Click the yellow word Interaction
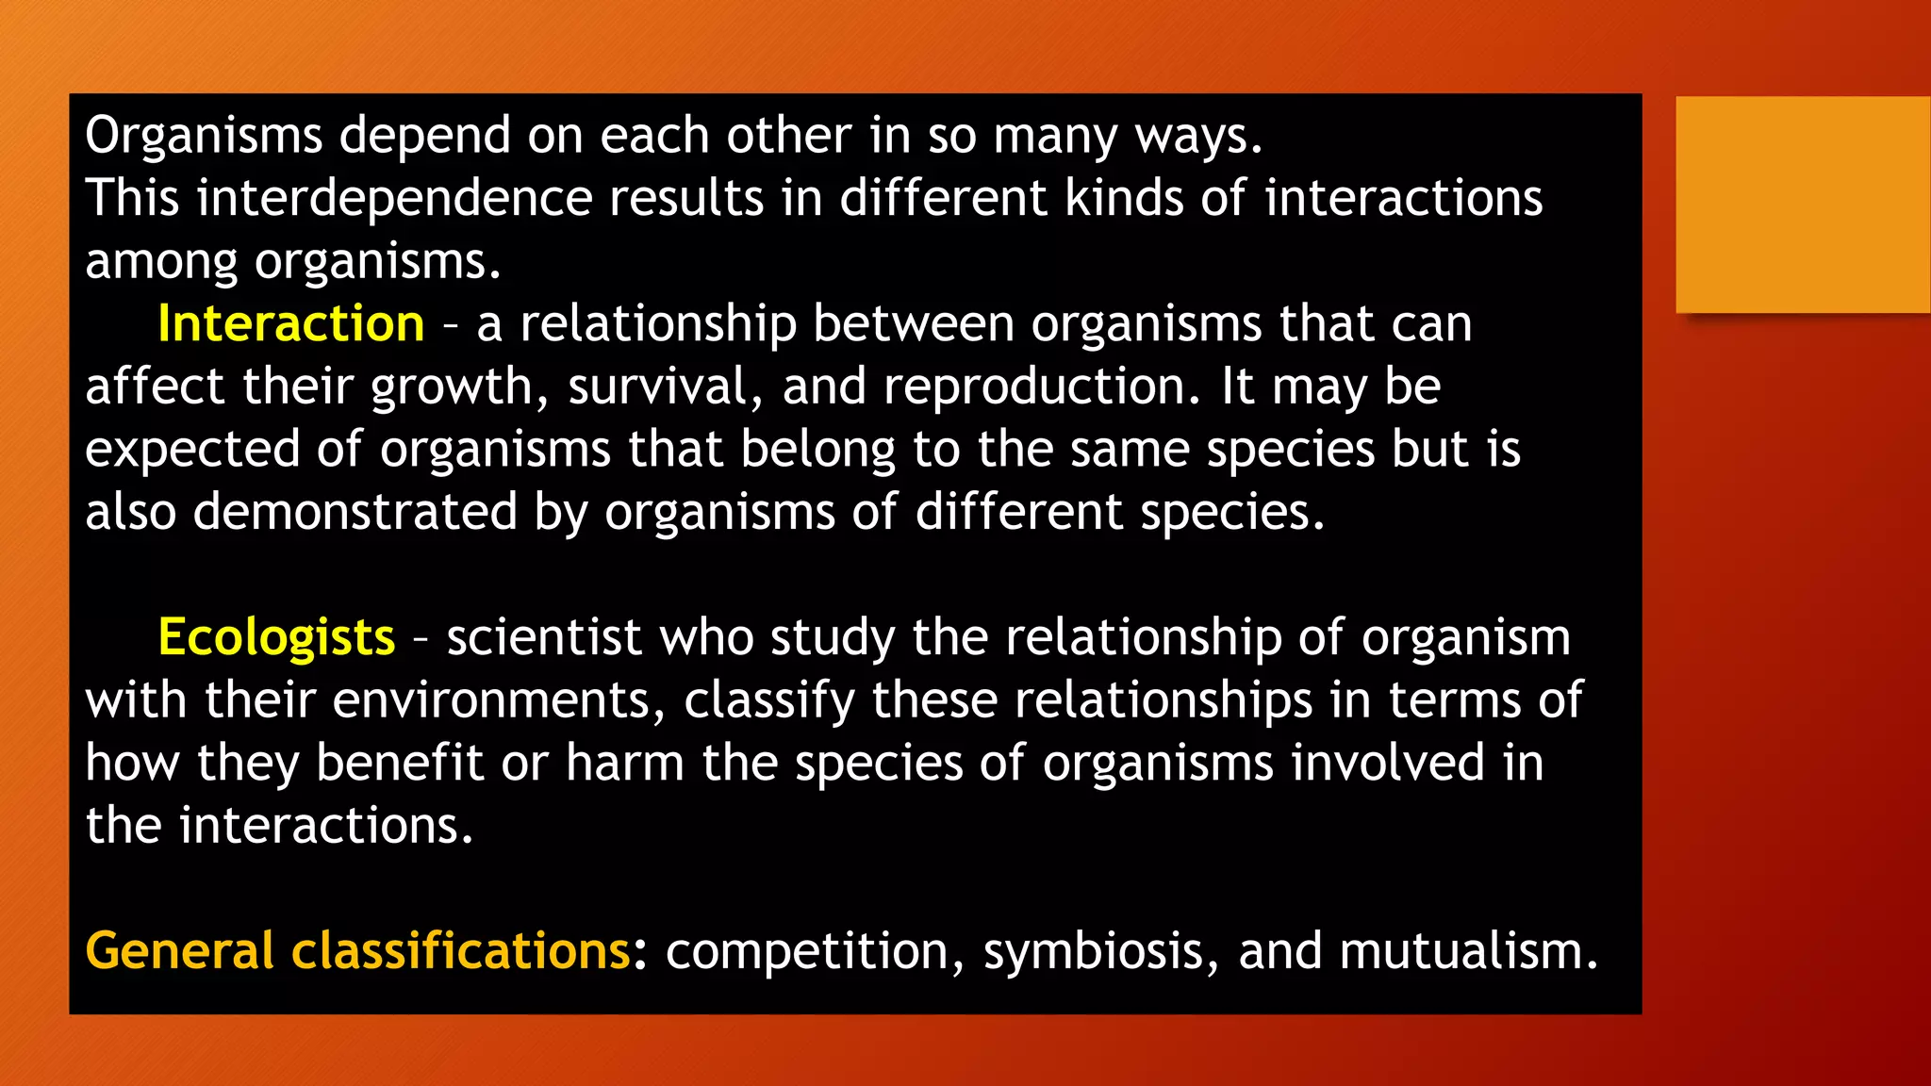coord(290,323)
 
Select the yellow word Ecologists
coord(276,637)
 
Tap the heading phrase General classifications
coord(357,950)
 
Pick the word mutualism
coord(1467,950)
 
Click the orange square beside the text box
coord(1802,205)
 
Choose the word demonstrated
coord(355,512)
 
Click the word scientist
coord(544,637)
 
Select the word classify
coord(768,700)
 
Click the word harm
coord(624,763)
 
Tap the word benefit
coord(399,763)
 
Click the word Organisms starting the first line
coord(204,136)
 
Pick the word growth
coord(453,387)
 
